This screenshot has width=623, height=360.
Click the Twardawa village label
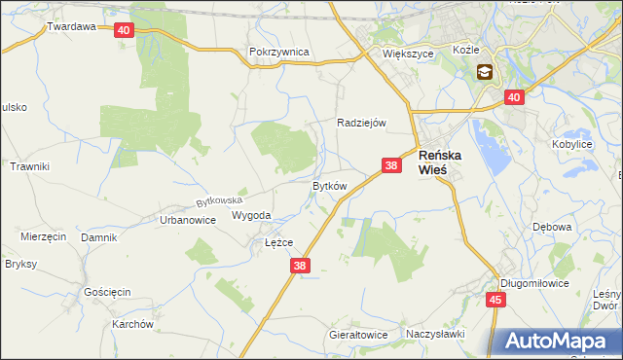(x=71, y=27)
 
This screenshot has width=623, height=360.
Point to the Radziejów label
(x=362, y=123)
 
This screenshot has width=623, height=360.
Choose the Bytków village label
(x=329, y=185)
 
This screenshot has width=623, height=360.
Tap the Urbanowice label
(x=187, y=220)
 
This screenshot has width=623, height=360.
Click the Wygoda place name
(x=251, y=216)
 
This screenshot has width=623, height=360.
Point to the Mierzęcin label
(x=43, y=236)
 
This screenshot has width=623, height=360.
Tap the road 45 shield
(x=496, y=300)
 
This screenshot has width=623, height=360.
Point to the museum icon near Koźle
(x=484, y=72)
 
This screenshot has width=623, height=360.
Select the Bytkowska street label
(x=218, y=201)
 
